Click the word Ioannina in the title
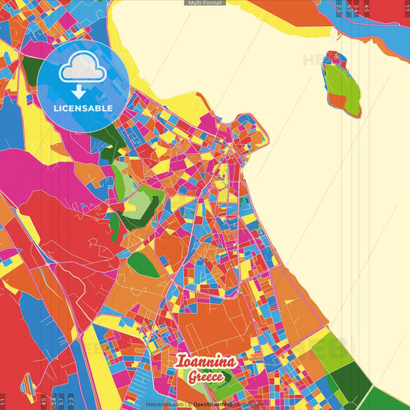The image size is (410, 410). click(x=205, y=362)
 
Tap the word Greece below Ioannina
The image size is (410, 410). click(x=205, y=377)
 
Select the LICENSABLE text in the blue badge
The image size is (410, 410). click(x=83, y=108)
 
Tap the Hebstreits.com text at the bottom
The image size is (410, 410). click(x=165, y=404)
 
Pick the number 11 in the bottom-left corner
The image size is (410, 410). click(x=3, y=401)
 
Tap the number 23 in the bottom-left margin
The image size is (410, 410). click(x=71, y=401)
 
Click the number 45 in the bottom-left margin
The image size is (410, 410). click(x=43, y=401)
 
